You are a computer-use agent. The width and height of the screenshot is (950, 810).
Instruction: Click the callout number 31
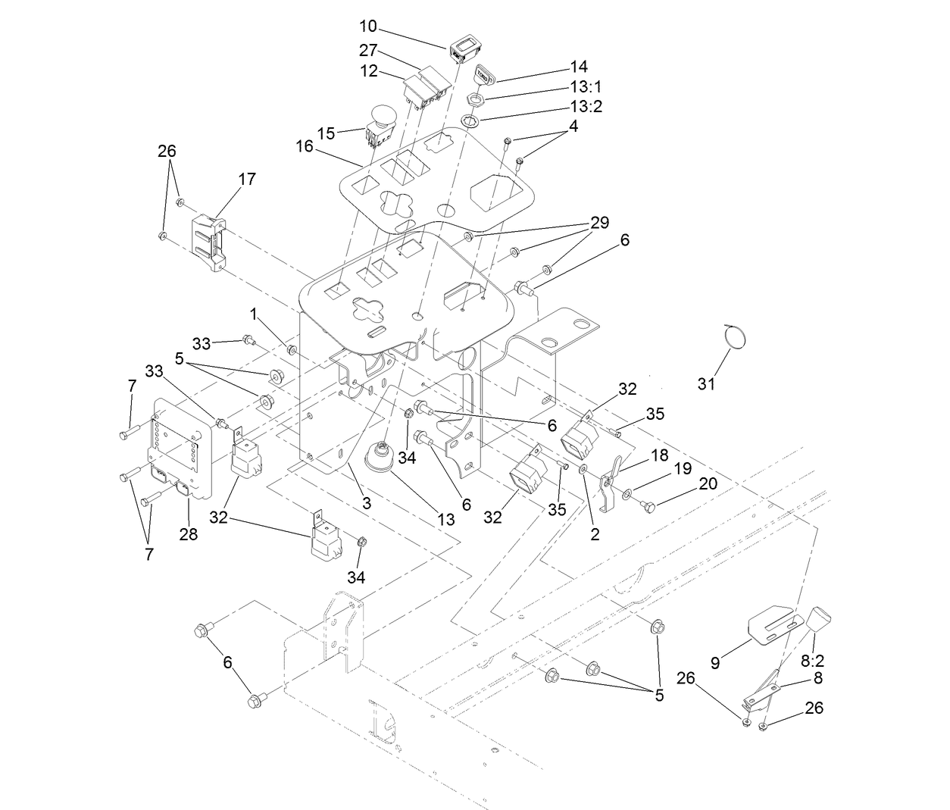click(706, 384)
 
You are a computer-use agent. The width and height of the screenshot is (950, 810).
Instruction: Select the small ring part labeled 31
click(733, 336)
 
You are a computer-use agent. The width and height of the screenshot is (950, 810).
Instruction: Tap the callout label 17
click(247, 179)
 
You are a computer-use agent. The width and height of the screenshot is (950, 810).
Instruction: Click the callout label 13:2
click(586, 106)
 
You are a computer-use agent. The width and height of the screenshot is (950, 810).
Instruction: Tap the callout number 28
click(188, 534)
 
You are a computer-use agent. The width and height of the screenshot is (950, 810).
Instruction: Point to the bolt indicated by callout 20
click(648, 503)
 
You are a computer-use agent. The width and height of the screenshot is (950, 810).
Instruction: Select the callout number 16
click(305, 146)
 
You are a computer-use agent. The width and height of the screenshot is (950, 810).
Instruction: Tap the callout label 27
click(367, 50)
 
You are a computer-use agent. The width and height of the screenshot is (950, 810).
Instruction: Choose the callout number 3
click(366, 503)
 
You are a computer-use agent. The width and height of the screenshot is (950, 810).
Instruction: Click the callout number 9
click(715, 663)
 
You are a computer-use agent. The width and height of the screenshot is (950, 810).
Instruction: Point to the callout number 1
click(255, 312)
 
